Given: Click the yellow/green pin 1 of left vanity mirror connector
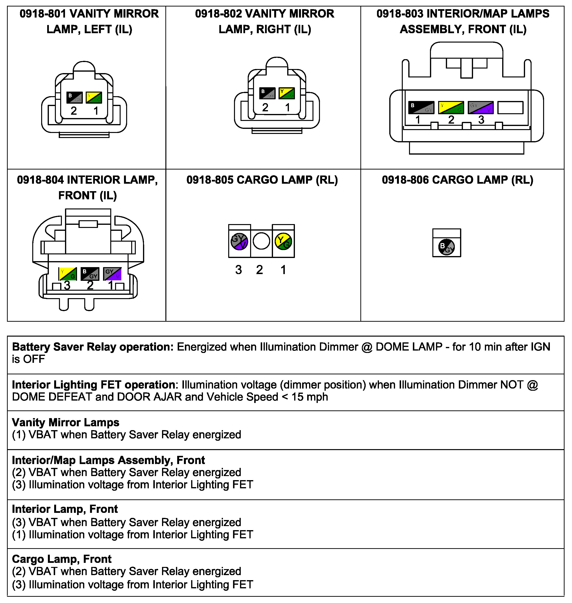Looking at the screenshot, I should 94,97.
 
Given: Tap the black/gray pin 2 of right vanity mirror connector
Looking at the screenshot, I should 267,93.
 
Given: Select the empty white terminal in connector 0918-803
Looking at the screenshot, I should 510,107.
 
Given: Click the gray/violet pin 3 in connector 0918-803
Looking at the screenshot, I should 481,107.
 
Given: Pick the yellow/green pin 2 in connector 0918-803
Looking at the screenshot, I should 451,107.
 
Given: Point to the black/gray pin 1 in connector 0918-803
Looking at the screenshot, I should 421,107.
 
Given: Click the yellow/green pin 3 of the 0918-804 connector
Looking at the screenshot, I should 68,274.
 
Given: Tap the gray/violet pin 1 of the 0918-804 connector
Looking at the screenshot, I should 112,274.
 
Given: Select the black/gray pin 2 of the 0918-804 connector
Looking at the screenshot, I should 90,274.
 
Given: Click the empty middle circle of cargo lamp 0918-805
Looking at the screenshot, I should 261,241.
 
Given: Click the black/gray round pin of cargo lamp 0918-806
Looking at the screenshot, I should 446,247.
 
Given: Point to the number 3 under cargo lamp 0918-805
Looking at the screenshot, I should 238,270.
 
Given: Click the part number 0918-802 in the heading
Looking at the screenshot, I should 218,14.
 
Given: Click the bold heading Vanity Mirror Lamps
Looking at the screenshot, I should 65,422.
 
